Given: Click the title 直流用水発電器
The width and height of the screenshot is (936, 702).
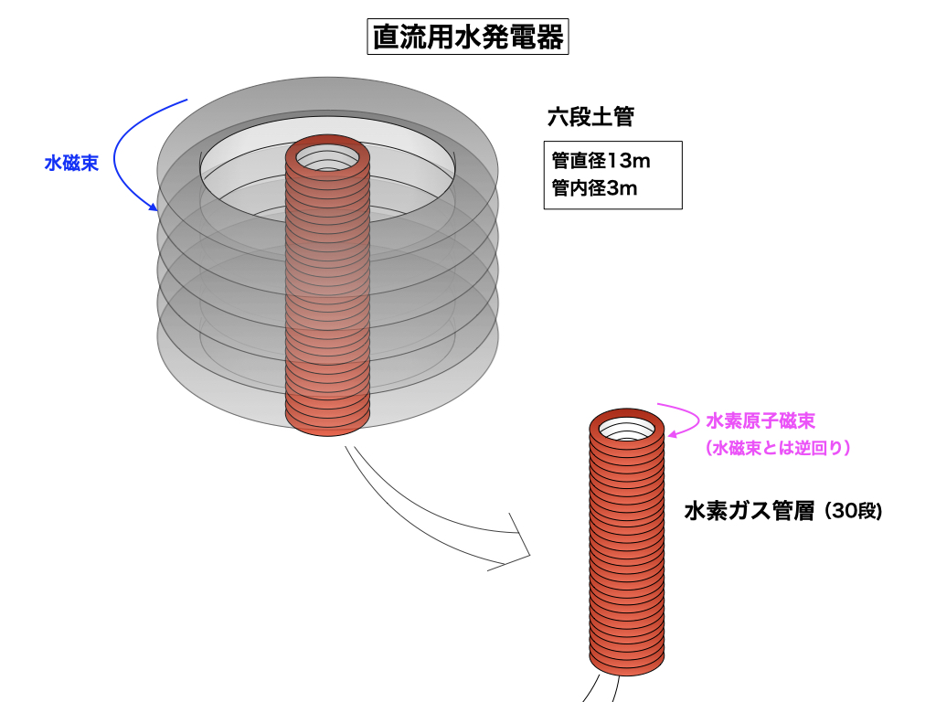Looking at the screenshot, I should point(467,37).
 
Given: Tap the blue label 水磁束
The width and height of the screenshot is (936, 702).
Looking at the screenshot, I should point(72,163).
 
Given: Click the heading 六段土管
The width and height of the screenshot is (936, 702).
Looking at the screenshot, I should point(590,117).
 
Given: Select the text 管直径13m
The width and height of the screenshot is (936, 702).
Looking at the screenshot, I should point(601,162).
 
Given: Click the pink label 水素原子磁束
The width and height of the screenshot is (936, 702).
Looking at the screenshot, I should point(760,420).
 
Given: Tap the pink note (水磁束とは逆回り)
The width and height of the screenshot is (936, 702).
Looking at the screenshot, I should point(779,448).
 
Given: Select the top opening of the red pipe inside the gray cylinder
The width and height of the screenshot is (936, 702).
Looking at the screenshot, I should point(327,157).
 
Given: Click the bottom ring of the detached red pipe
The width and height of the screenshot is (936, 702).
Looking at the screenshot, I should point(626,662).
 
